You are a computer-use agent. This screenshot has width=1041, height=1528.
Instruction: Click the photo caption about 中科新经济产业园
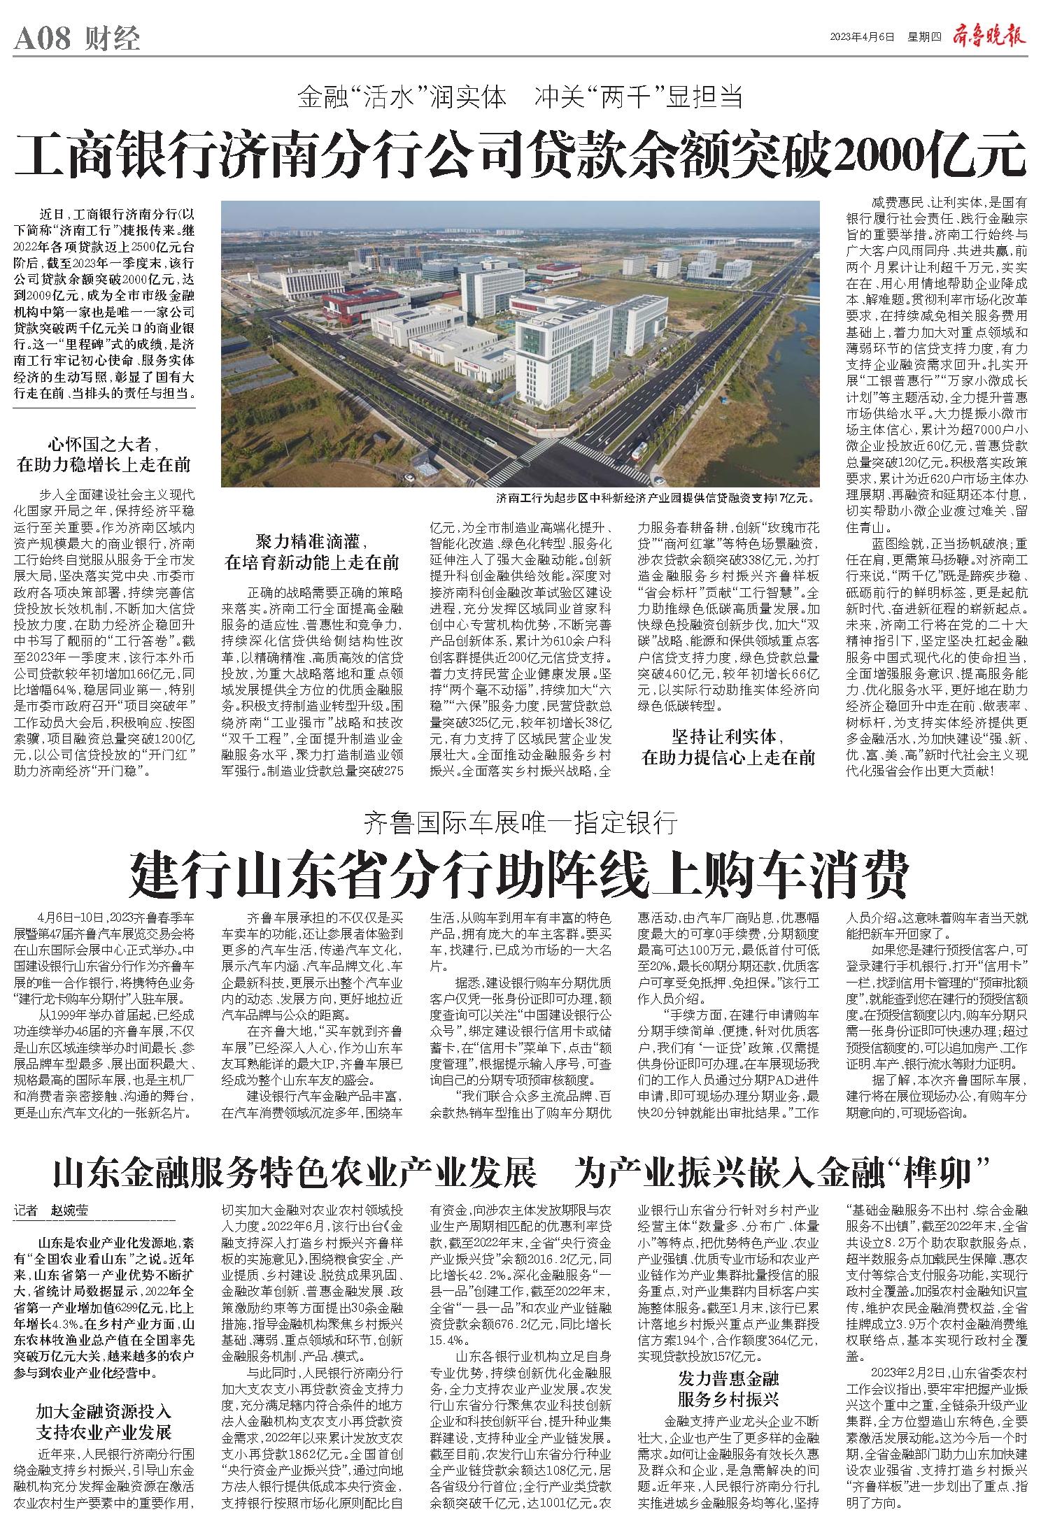[656, 499]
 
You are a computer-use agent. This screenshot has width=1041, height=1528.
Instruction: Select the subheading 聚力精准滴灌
[311, 543]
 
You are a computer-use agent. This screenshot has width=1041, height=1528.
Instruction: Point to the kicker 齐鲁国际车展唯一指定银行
[520, 824]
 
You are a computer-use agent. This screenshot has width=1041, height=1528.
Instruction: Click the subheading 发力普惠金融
[728, 1340]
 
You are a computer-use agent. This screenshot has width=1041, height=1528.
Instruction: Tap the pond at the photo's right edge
[805, 350]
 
